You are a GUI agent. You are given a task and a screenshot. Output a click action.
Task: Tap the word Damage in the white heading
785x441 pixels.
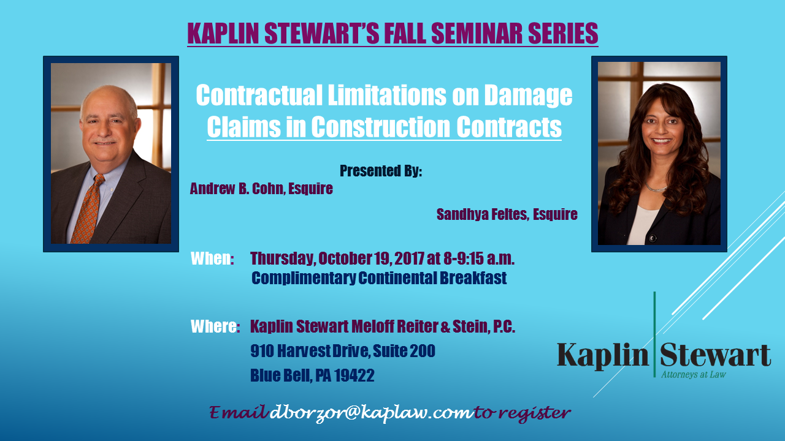pyautogui.click(x=528, y=96)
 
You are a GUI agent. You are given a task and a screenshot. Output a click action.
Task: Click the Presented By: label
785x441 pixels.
pyautogui.click(x=381, y=171)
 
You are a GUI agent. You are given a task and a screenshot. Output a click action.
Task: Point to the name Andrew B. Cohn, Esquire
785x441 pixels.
pyautogui.click(x=261, y=189)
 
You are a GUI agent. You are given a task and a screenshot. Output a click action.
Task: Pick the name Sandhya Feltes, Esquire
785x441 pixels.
pyautogui.click(x=507, y=214)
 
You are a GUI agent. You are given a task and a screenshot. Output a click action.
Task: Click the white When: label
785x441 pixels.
pyautogui.click(x=212, y=258)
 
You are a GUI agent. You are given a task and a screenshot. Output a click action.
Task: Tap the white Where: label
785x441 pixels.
pyautogui.click(x=215, y=326)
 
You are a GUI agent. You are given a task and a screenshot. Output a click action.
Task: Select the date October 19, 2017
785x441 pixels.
pyautogui.click(x=371, y=258)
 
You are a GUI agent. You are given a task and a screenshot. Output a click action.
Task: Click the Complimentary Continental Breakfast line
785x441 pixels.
pyautogui.click(x=379, y=278)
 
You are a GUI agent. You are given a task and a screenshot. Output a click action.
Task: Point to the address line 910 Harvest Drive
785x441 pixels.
pyautogui.click(x=310, y=351)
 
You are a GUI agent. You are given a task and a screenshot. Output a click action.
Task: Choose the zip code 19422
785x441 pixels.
pyautogui.click(x=354, y=375)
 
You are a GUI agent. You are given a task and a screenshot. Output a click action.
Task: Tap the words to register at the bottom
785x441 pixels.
pyautogui.click(x=522, y=413)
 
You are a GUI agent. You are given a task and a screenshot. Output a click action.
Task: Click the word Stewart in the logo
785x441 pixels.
pyautogui.click(x=715, y=355)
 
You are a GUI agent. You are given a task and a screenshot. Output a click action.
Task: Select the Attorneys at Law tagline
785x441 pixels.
pyautogui.click(x=694, y=374)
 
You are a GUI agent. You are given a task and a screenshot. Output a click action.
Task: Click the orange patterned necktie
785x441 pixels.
pyautogui.click(x=88, y=209)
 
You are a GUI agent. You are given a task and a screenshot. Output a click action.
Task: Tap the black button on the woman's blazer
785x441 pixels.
pyautogui.click(x=652, y=238)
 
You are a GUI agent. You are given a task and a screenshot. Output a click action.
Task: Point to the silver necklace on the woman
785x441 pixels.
pyautogui.click(x=656, y=188)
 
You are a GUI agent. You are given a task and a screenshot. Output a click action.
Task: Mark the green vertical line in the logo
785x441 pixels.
pyautogui.click(x=654, y=334)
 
